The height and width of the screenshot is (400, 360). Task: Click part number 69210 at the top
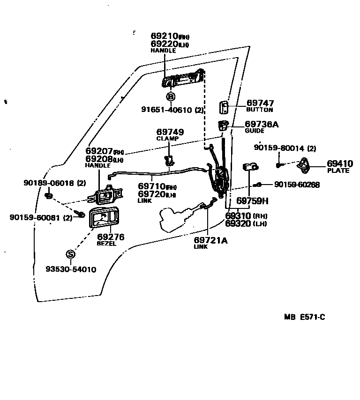pyautogui.click(x=164, y=36)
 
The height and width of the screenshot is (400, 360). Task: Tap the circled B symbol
pyautogui.click(x=171, y=97)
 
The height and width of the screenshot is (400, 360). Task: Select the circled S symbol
pyautogui.click(x=70, y=254)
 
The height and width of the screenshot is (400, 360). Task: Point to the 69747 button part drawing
pyautogui.click(x=224, y=107)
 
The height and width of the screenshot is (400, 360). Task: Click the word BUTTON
pyautogui.click(x=259, y=110)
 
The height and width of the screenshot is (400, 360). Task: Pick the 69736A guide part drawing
pyautogui.click(x=223, y=126)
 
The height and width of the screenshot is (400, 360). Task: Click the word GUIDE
pyautogui.click(x=255, y=131)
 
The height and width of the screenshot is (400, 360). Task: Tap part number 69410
pyautogui.click(x=340, y=164)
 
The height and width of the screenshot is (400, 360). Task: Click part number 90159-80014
pyautogui.click(x=279, y=148)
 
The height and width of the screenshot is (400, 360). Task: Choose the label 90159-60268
pyautogui.click(x=297, y=185)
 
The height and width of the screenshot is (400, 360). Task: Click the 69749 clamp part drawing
pyautogui.click(x=169, y=161)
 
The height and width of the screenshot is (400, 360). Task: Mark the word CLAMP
pyautogui.click(x=167, y=139)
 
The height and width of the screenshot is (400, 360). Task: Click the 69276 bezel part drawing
pyautogui.click(x=104, y=217)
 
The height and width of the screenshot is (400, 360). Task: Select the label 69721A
pyautogui.click(x=210, y=240)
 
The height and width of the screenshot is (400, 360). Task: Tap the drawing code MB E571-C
pyautogui.click(x=304, y=317)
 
